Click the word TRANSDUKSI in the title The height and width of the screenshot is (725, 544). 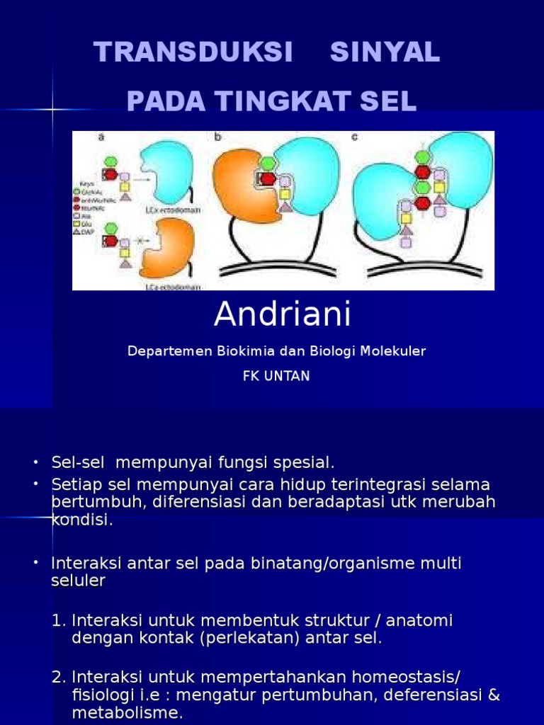coord(193,52)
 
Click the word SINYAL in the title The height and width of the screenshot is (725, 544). coord(385,52)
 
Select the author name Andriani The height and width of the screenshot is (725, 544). coord(283,315)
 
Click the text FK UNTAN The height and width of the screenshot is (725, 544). coord(276,376)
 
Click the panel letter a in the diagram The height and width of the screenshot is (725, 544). coord(101,137)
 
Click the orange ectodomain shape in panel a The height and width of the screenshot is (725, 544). coord(169,248)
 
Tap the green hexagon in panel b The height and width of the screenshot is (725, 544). coord(268,164)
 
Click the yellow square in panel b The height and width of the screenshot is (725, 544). coord(285,194)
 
